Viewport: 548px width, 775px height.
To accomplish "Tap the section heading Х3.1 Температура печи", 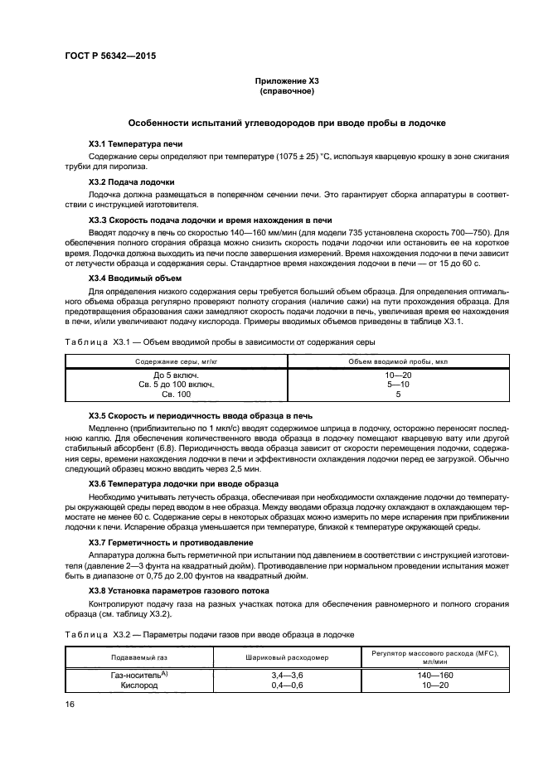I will (x=135, y=143).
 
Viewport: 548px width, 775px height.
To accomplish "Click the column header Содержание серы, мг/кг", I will (x=176, y=361).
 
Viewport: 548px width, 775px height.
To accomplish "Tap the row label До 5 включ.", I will (x=176, y=375).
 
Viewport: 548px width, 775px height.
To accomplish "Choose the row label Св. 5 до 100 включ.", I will (x=176, y=385).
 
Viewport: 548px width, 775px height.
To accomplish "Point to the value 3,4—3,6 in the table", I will (x=284, y=676).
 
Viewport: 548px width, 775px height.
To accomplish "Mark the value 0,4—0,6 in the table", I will (x=284, y=685).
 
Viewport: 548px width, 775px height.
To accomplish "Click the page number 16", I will (x=70, y=704).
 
